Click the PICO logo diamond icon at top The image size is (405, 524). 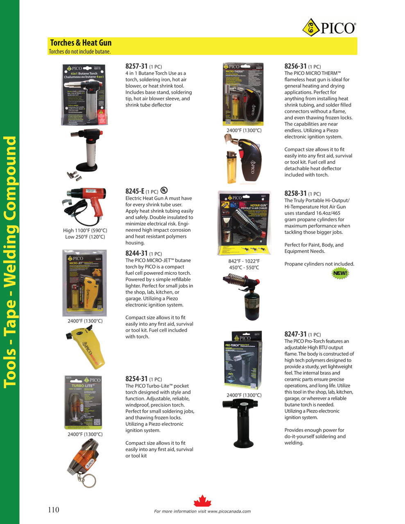coord(311,28)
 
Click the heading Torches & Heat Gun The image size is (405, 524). coord(81,43)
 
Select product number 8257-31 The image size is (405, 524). coord(136,66)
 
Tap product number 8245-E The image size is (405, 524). coord(135,191)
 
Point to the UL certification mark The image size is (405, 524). coord(164,190)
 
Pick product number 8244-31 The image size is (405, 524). coord(136,253)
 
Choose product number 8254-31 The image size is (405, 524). coord(136,379)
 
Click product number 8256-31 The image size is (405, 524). coord(295,66)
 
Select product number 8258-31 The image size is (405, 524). coord(295,194)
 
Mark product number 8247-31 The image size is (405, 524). coord(295,334)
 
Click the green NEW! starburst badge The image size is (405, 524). coord(340,273)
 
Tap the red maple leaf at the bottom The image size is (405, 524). coord(202,501)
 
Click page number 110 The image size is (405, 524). coord(54,510)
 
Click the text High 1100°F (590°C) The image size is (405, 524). coord(85,230)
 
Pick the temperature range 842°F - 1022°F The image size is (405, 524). coord(244,261)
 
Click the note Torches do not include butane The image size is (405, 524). coord(80,52)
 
